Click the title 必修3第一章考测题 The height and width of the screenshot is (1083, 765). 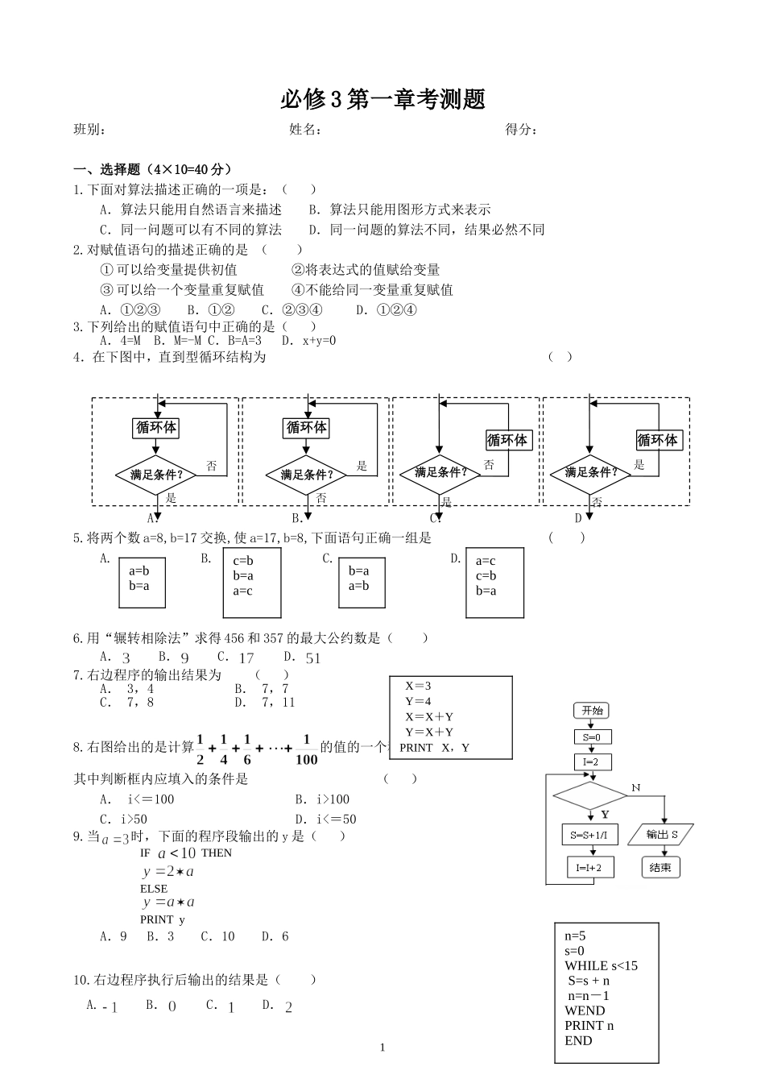pyautogui.click(x=382, y=99)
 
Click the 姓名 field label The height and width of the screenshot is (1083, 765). pyautogui.click(x=305, y=130)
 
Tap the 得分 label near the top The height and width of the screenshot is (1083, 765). pyautogui.click(x=521, y=130)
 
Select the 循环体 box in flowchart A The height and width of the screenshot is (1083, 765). pyautogui.click(x=155, y=427)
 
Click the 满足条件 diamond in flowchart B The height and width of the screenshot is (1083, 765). pyautogui.click(x=307, y=475)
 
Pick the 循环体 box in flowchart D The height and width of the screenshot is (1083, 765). pyautogui.click(x=658, y=440)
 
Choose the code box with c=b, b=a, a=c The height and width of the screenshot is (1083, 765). pyautogui.click(x=252, y=583)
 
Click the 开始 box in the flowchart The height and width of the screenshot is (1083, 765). pyautogui.click(x=592, y=711)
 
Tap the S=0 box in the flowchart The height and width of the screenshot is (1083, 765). pyautogui.click(x=592, y=737)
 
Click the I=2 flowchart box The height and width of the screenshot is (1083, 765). pyautogui.click(x=592, y=761)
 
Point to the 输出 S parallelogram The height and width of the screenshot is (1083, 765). pyautogui.click(x=662, y=835)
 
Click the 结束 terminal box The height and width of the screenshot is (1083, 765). pyautogui.click(x=660, y=868)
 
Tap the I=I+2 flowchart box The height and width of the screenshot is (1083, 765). pyautogui.click(x=590, y=868)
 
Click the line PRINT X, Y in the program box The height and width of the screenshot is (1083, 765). pyautogui.click(x=434, y=747)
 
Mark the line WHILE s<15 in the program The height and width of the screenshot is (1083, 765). pyautogui.click(x=601, y=965)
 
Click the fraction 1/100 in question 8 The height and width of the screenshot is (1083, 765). pyautogui.click(x=306, y=749)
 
